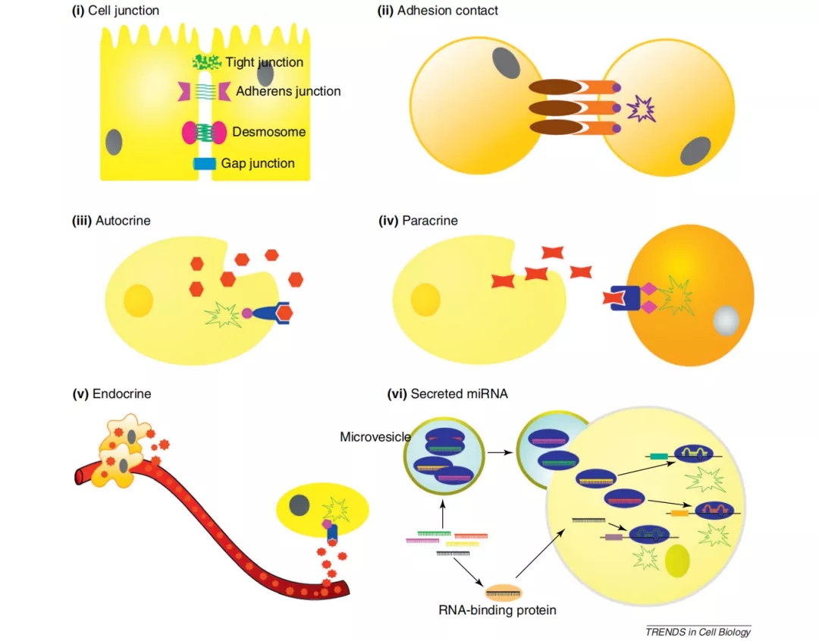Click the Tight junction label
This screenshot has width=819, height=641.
tap(264, 62)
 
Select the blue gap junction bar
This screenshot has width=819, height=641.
tap(205, 163)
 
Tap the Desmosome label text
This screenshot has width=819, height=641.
tap(268, 131)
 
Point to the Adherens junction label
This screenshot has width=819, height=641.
tap(289, 91)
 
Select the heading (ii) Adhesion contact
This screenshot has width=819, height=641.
tap(438, 11)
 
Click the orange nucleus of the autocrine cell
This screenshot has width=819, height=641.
tap(139, 300)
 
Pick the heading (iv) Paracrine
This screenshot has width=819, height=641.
tap(418, 221)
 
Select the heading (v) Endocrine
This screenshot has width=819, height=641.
tap(111, 394)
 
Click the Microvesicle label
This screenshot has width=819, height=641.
tap(375, 436)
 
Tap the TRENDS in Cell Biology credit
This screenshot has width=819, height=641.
tap(698, 632)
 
